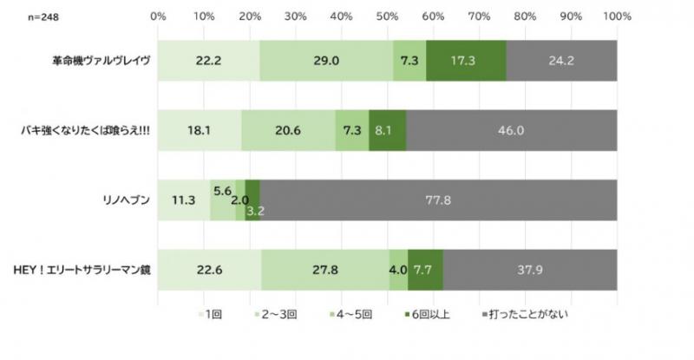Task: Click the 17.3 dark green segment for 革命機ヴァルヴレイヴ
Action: tap(466, 61)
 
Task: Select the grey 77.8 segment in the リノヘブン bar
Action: tap(438, 200)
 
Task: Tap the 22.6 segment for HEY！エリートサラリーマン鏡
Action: tap(209, 269)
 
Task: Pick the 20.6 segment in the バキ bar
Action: tap(288, 130)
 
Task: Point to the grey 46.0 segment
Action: tap(511, 130)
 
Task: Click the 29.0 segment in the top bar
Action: tap(326, 61)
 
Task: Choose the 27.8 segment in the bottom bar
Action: tap(325, 269)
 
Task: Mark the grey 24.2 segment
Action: tap(561, 61)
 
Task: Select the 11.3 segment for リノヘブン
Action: tap(184, 200)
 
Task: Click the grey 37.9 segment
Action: tap(529, 269)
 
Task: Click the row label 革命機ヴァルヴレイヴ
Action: tap(100, 62)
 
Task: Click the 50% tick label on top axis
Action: tap(387, 16)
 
